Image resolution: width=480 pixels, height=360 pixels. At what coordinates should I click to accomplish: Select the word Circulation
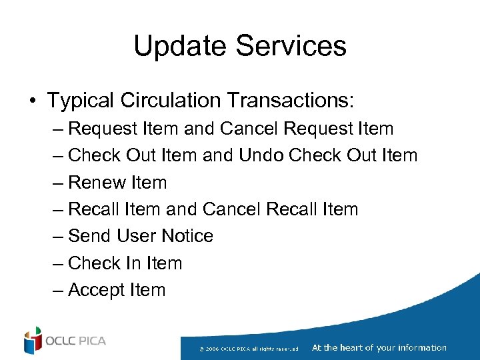(171, 101)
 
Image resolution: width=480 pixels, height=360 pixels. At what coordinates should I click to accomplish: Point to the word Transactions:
(291, 101)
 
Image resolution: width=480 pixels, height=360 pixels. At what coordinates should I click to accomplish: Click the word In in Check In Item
(132, 263)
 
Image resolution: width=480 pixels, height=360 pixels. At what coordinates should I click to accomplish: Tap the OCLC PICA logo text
(75, 341)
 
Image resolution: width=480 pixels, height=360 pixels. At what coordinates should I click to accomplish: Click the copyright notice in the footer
(253, 348)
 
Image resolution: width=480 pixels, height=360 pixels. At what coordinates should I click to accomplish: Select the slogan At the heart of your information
(379, 347)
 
